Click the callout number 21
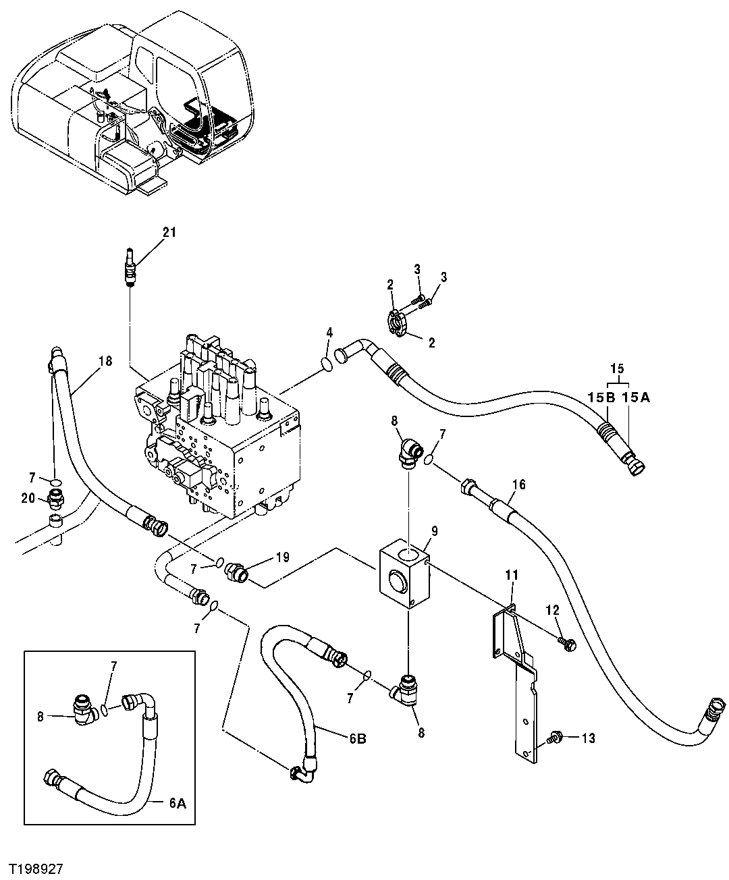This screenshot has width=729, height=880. click(x=169, y=232)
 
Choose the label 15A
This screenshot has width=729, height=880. click(x=636, y=398)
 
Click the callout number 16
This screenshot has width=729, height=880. click(x=518, y=484)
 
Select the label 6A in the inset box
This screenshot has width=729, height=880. click(x=177, y=802)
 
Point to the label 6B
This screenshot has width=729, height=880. click(x=357, y=739)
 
